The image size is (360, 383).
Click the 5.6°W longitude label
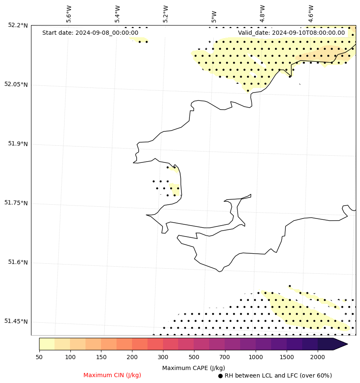coord(69,14)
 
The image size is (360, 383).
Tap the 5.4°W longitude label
coord(117,14)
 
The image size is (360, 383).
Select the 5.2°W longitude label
coord(166,14)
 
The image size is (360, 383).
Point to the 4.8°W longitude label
coord(262,14)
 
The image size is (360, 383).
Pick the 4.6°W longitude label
coord(311,14)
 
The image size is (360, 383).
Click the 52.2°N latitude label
coord(18,25)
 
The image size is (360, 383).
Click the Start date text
coord(90,33)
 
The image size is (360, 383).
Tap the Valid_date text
coord(291,33)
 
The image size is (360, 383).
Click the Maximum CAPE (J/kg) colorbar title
coord(193,368)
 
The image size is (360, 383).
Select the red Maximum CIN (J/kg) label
coord(112,375)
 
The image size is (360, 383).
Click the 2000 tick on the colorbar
coord(317,357)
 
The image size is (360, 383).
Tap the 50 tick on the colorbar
coord(39,357)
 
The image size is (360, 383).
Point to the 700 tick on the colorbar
coord(225,357)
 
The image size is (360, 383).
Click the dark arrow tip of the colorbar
coord(341,344)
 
